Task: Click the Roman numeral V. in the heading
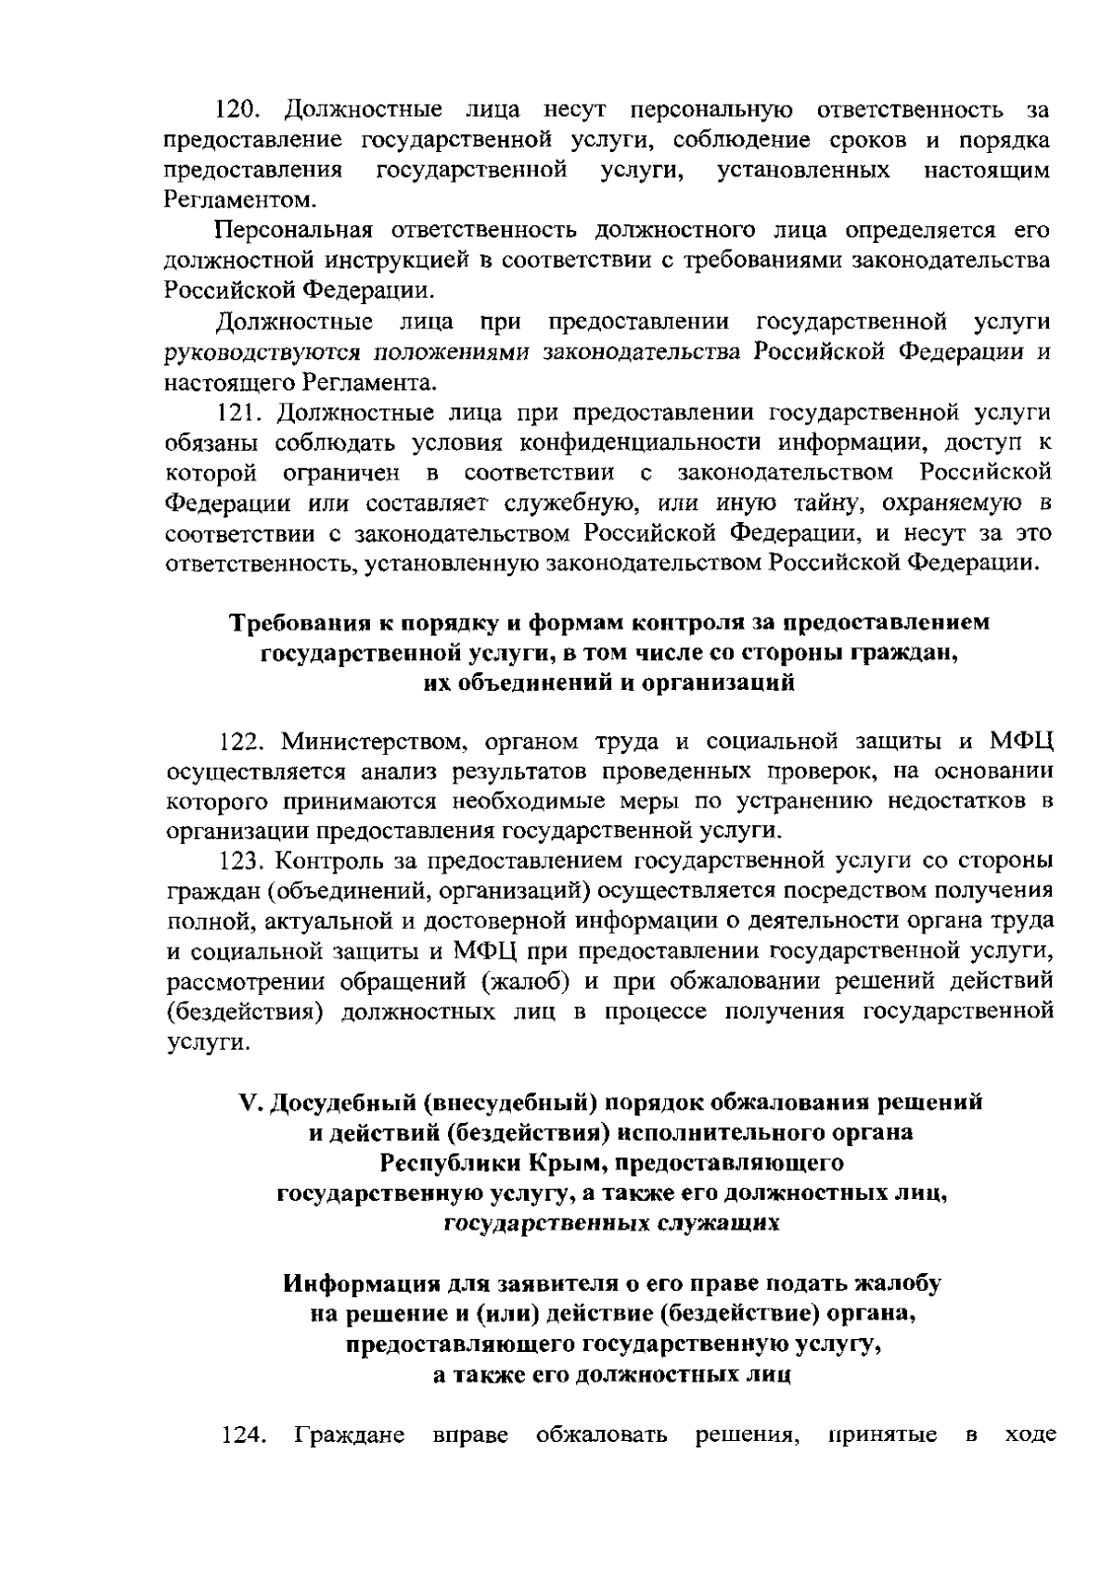coord(248,1103)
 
